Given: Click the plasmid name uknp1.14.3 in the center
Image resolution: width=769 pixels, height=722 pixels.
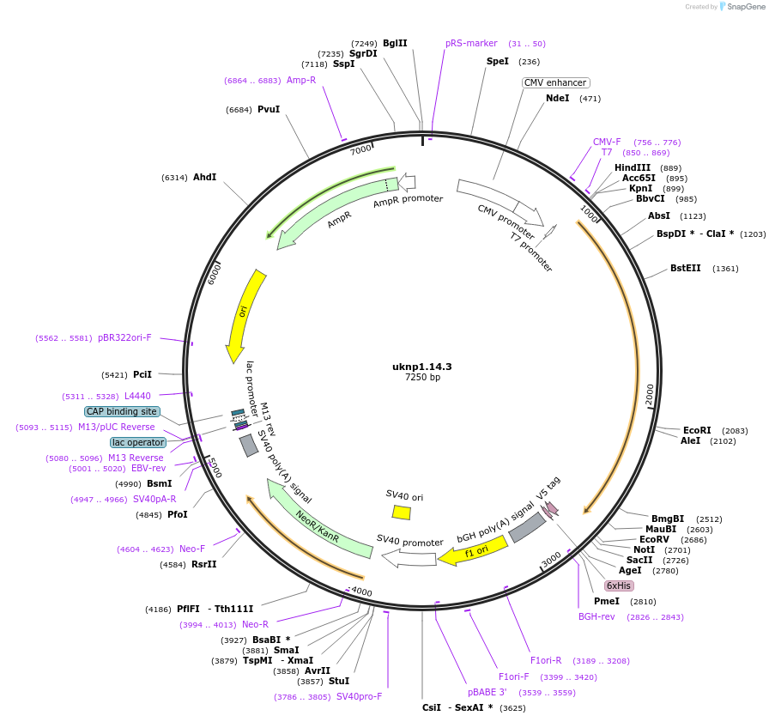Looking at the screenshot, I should pyautogui.click(x=422, y=367).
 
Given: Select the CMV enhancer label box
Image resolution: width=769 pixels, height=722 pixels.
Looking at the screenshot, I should pyautogui.click(x=555, y=83).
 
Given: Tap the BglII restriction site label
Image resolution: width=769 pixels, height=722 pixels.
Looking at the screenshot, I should pyautogui.click(x=395, y=43).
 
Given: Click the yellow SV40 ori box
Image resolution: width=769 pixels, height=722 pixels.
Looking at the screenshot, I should pyautogui.click(x=401, y=513).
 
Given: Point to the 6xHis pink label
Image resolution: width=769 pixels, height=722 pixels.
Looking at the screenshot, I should pyautogui.click(x=619, y=585).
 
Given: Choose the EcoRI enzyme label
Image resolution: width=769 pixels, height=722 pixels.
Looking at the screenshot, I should pyautogui.click(x=697, y=430).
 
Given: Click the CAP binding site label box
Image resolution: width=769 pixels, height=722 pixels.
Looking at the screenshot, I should pyautogui.click(x=122, y=411).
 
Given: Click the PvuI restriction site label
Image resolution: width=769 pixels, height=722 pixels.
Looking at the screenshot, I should pyautogui.click(x=269, y=109).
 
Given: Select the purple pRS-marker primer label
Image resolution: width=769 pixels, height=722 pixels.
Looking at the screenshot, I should pyautogui.click(x=471, y=43).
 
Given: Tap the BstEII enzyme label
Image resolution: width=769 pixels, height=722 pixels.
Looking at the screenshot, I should pyautogui.click(x=686, y=268).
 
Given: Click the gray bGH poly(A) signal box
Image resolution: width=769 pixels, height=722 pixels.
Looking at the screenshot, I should pyautogui.click(x=527, y=527).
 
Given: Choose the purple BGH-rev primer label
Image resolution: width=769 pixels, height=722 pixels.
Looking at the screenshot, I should pyautogui.click(x=596, y=616).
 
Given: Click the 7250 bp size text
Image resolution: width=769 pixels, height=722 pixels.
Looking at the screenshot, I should pyautogui.click(x=422, y=378).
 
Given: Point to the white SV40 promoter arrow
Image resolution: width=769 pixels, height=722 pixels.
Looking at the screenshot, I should pyautogui.click(x=409, y=559).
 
